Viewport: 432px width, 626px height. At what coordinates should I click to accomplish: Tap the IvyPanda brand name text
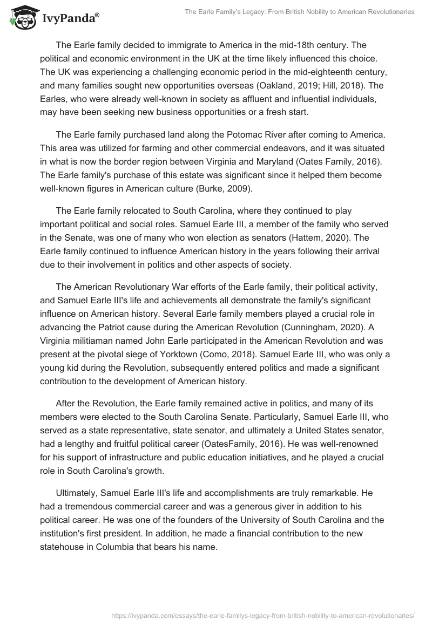[69, 19]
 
